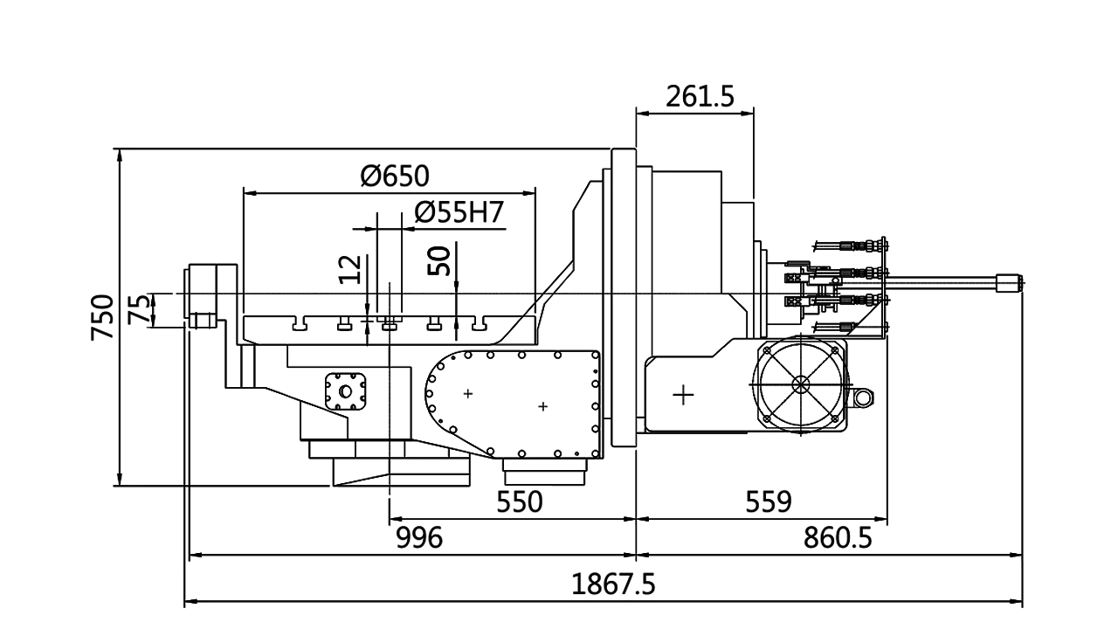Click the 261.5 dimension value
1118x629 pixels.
click(699, 97)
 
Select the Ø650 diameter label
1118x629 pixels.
click(396, 176)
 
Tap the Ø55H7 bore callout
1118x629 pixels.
click(459, 213)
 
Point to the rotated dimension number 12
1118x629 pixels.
click(349, 269)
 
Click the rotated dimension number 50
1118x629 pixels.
click(439, 261)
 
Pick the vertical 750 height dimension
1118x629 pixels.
click(103, 318)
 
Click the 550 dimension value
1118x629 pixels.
click(520, 502)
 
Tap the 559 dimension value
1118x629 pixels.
click(769, 502)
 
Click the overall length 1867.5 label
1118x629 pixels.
click(613, 583)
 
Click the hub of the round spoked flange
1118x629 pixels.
click(800, 384)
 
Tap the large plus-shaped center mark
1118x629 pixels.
click(683, 395)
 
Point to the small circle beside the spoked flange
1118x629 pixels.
click(862, 398)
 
